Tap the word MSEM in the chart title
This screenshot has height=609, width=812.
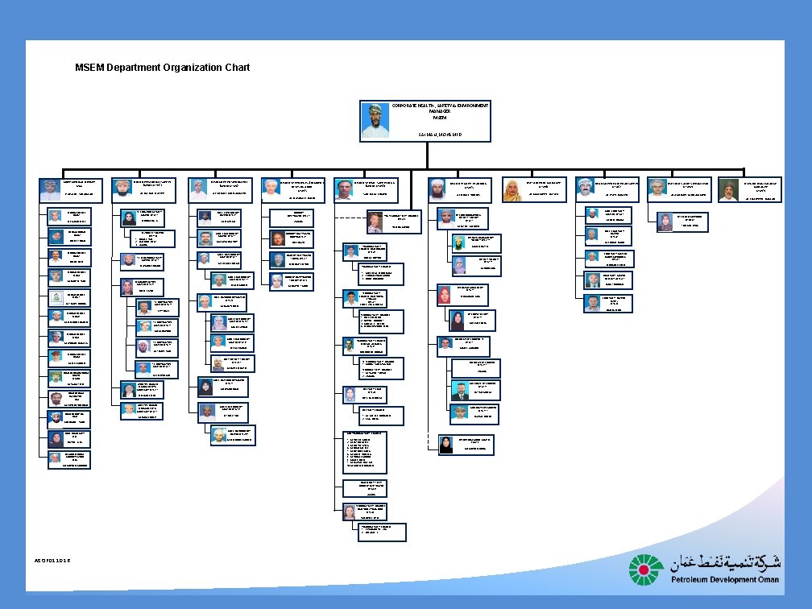[x=89, y=68]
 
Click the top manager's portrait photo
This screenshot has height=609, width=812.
[x=375, y=121]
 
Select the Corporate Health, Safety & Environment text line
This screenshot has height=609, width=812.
[x=440, y=106]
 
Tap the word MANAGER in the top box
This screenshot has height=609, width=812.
[x=440, y=112]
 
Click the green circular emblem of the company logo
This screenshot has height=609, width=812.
[x=647, y=570]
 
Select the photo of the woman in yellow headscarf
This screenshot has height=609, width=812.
[x=512, y=190]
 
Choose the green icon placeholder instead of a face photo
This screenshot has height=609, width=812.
[x=55, y=296]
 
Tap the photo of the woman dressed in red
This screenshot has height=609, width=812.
[x=444, y=296]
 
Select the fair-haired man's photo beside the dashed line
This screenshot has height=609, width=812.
[x=375, y=222]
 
